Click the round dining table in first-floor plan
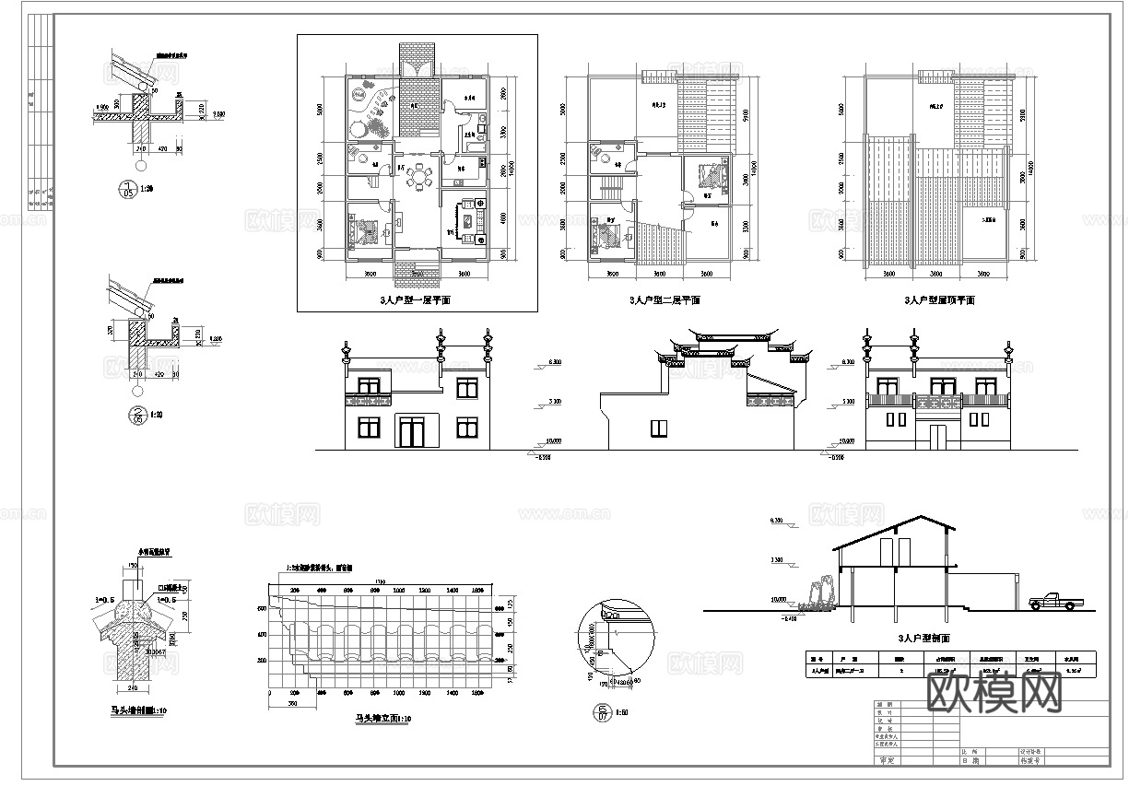point(420,175)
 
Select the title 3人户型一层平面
point(416,301)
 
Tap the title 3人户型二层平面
point(664,301)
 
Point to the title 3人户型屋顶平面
point(938,301)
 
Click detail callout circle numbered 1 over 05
point(128,191)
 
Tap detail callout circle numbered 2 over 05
point(139,416)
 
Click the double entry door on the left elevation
point(410,432)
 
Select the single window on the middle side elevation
point(658,428)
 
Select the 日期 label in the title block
point(970,761)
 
